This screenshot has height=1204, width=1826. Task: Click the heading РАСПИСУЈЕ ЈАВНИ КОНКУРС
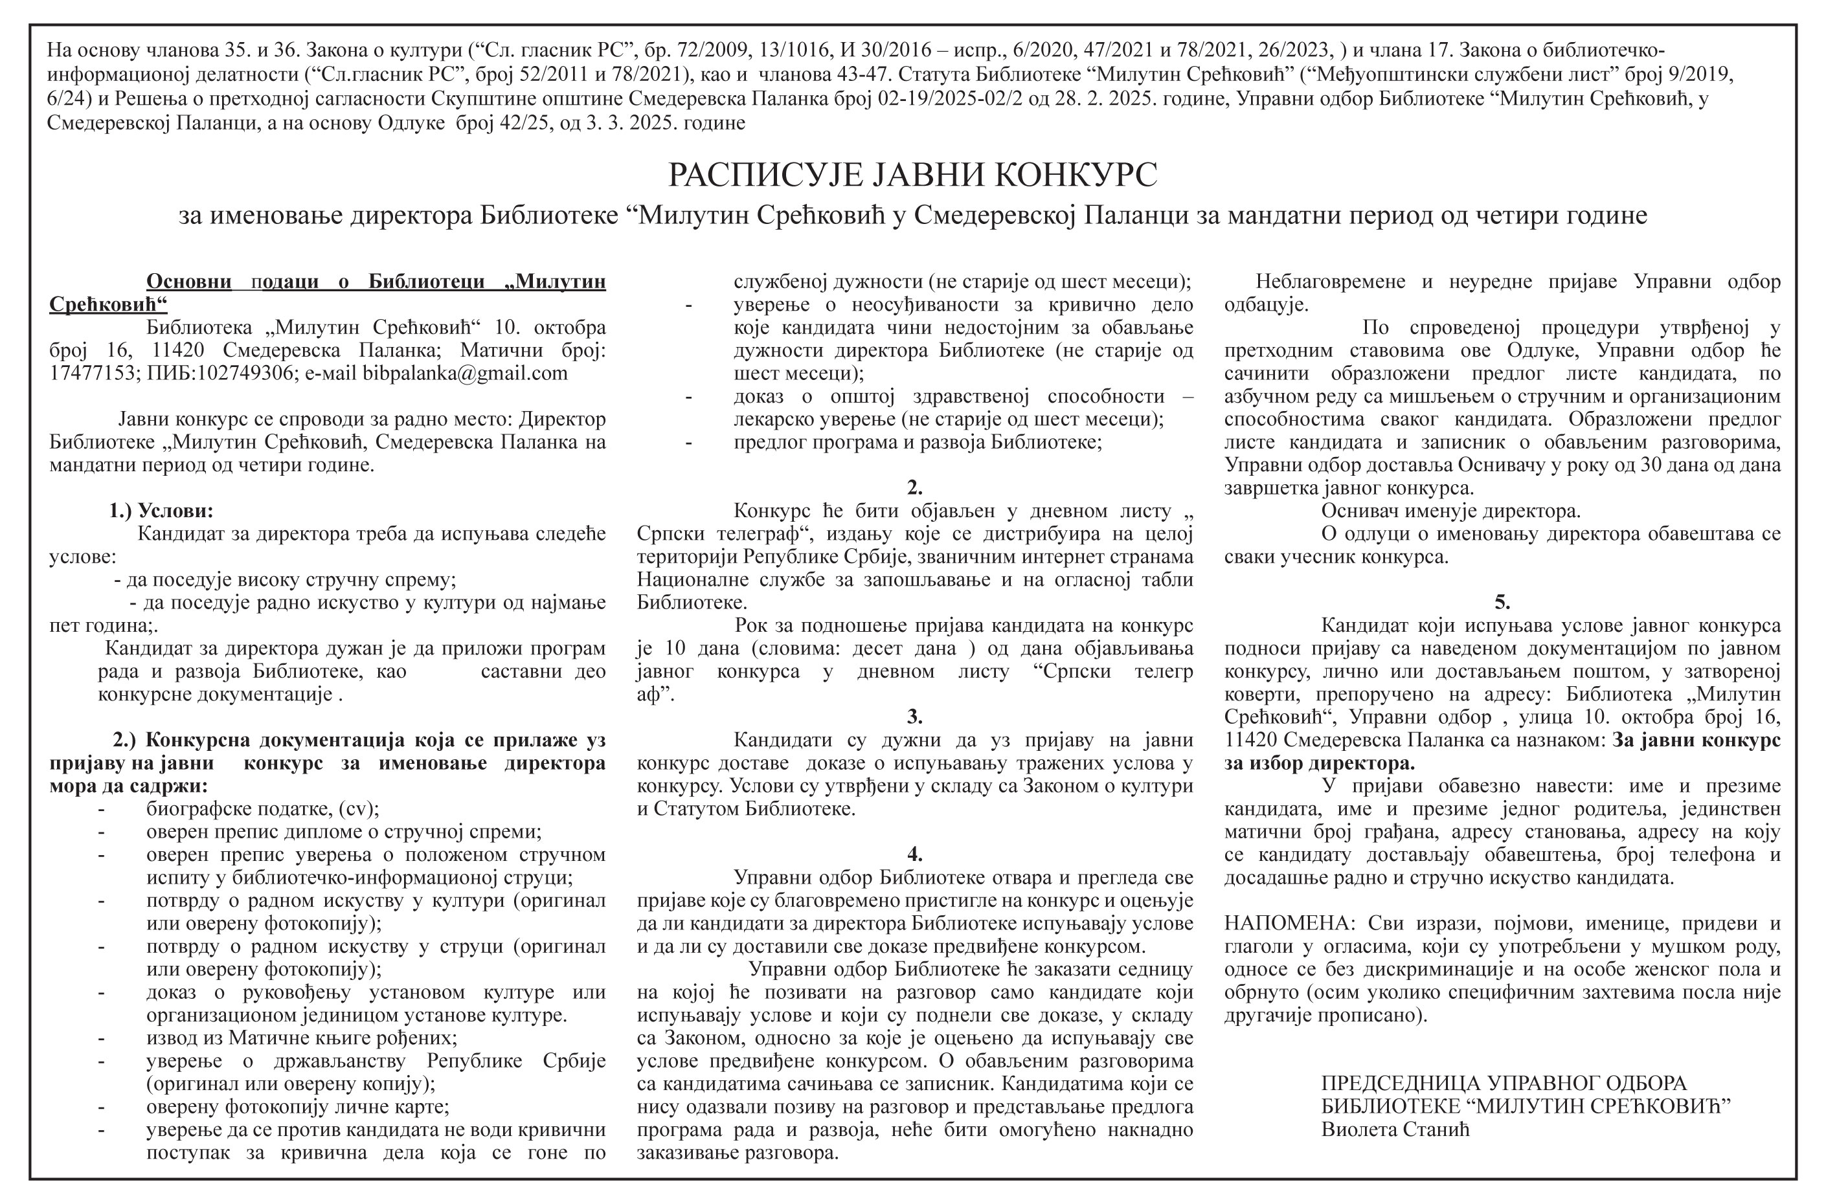click(x=912, y=175)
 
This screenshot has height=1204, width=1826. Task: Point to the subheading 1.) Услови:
click(x=161, y=511)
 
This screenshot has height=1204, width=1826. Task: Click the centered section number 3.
click(x=914, y=717)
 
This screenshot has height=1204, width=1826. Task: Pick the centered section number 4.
click(x=914, y=854)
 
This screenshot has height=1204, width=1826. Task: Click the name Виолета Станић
click(x=1395, y=1130)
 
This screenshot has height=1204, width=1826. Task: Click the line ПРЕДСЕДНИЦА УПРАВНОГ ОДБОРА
click(x=1504, y=1084)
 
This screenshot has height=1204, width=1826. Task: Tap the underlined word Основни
click(x=189, y=282)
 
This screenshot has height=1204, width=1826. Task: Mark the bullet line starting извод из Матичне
click(x=301, y=1038)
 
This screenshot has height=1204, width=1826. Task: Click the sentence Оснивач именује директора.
click(x=1450, y=511)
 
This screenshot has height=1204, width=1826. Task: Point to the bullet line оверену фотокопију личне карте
click(x=298, y=1108)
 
